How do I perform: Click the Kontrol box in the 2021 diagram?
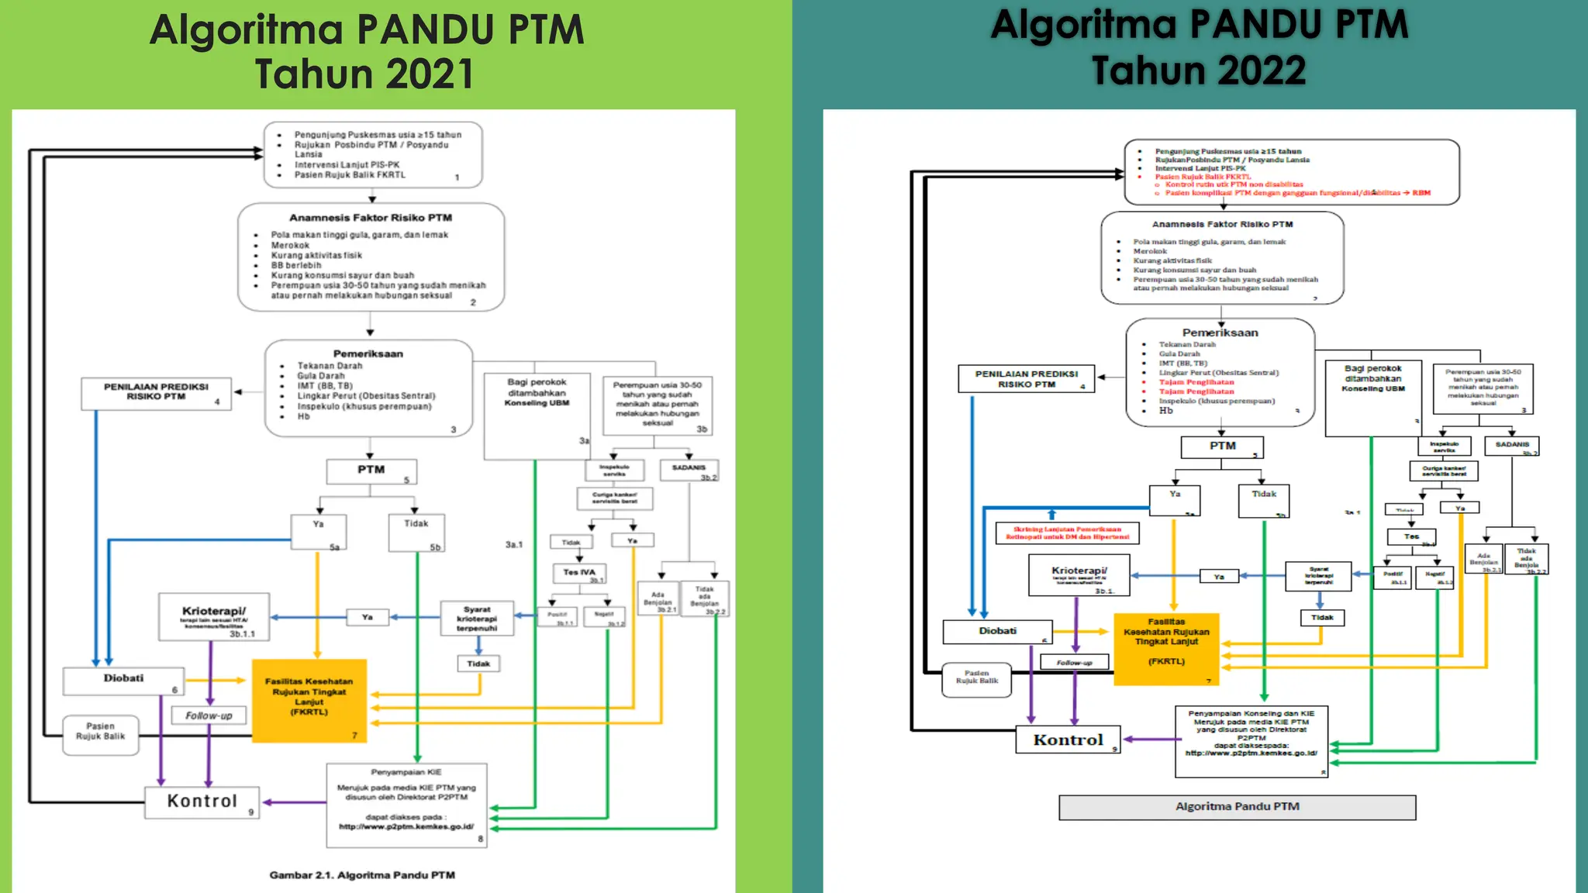click(202, 802)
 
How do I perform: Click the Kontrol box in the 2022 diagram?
click(1068, 740)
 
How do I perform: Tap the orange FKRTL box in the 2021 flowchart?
click(309, 700)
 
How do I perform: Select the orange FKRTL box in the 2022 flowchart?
click(1166, 649)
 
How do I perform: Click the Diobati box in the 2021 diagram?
click(124, 680)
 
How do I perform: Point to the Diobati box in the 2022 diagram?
click(997, 632)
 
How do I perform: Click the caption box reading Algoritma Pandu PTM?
click(1237, 807)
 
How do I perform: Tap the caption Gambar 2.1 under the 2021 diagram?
click(362, 875)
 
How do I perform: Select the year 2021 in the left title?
click(430, 75)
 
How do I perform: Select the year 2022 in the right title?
click(1263, 71)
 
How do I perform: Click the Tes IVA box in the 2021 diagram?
click(579, 573)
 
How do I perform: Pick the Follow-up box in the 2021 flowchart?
click(209, 715)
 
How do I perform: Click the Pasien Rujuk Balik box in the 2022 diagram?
click(977, 678)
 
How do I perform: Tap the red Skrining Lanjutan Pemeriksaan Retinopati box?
click(1067, 533)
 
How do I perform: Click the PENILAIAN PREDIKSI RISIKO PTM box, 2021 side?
click(156, 392)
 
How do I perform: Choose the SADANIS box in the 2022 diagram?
click(1512, 446)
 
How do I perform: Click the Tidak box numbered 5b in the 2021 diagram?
click(416, 532)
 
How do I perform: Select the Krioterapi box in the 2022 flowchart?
click(1079, 575)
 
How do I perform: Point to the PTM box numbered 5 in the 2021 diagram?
click(371, 471)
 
